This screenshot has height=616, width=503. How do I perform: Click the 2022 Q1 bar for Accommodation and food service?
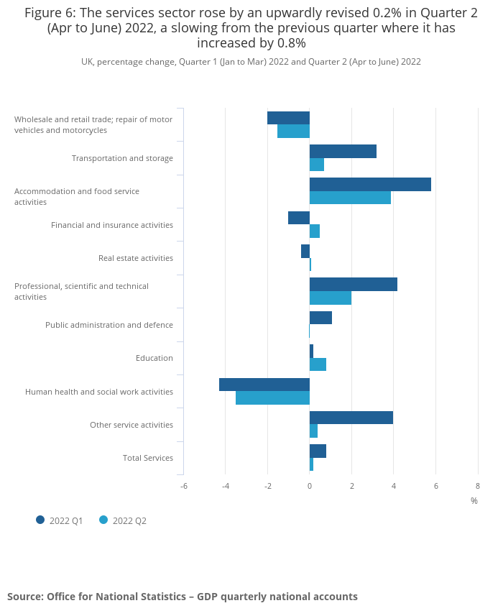(x=370, y=184)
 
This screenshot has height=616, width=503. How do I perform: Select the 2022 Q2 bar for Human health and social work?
(x=272, y=398)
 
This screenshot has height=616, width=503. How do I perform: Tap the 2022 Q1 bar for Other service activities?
(x=351, y=418)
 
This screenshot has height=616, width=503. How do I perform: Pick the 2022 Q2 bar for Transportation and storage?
(x=317, y=165)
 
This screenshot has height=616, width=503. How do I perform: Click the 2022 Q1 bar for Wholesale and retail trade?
(x=289, y=118)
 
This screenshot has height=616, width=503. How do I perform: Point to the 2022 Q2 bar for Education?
(x=318, y=364)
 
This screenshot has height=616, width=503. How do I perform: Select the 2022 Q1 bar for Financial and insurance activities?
(x=299, y=218)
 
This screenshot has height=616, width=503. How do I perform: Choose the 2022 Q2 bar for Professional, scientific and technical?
(x=331, y=298)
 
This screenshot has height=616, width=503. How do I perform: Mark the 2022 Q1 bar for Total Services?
(x=318, y=451)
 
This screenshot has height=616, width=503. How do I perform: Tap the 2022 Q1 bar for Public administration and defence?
(x=320, y=318)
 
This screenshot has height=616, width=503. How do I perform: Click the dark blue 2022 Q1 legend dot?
(x=40, y=520)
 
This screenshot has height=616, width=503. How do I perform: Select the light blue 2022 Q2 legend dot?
(x=103, y=520)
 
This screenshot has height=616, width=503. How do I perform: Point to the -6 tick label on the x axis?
(x=184, y=487)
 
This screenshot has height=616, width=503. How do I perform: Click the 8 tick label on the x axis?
(x=478, y=487)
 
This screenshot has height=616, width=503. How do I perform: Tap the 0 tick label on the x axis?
(x=310, y=487)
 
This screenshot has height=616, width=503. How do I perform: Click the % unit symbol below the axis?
(x=474, y=501)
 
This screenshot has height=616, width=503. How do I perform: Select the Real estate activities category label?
(x=136, y=258)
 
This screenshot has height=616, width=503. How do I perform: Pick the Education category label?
(x=154, y=358)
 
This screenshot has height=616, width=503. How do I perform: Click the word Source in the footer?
(x=26, y=597)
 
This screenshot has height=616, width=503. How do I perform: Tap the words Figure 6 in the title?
(x=50, y=14)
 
